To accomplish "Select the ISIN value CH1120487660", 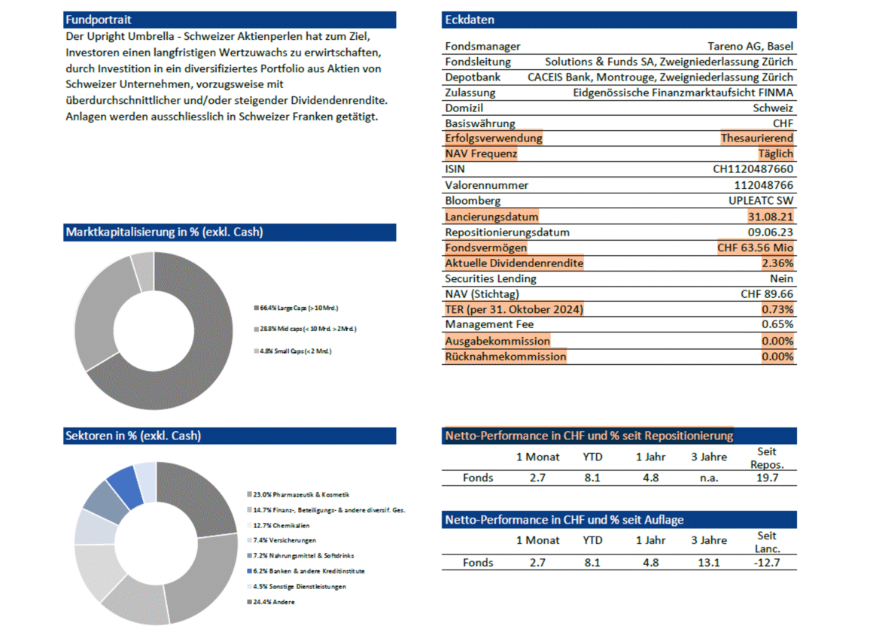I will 753,169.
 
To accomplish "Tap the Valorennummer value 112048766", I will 763,185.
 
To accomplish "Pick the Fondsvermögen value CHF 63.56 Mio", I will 756,248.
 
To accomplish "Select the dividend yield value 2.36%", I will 777,263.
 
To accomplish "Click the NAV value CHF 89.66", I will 767,294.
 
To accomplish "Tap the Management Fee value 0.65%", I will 777,324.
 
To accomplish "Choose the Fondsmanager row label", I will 482,47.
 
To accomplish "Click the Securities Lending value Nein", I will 780,278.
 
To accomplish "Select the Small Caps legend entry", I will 294,351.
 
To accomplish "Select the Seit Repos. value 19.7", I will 767,478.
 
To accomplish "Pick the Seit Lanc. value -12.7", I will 767,562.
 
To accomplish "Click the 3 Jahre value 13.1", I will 708,562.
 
